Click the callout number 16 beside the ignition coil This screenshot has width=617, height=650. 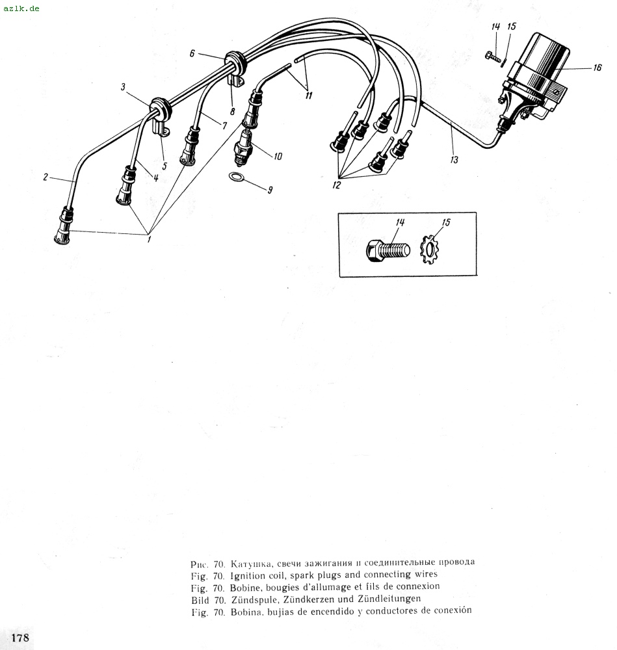tap(597, 68)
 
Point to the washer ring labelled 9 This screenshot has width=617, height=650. tap(236, 177)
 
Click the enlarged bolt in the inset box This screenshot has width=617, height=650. tap(388, 250)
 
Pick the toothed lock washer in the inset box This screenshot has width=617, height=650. tap(429, 250)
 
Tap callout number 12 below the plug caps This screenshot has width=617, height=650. tap(336, 185)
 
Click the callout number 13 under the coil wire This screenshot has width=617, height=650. tap(454, 160)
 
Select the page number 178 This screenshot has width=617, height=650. tap(20, 637)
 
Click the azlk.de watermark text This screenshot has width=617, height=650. tap(21, 8)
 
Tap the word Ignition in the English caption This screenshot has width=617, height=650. tap(248, 575)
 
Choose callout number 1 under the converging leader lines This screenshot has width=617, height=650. tap(149, 239)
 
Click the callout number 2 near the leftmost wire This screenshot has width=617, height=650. tap(46, 177)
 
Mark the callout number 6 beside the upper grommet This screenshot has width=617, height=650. tap(192, 53)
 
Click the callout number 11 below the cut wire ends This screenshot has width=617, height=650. tap(308, 96)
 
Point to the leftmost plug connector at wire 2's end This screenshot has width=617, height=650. tap(64, 226)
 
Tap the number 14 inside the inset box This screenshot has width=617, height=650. tap(400, 222)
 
